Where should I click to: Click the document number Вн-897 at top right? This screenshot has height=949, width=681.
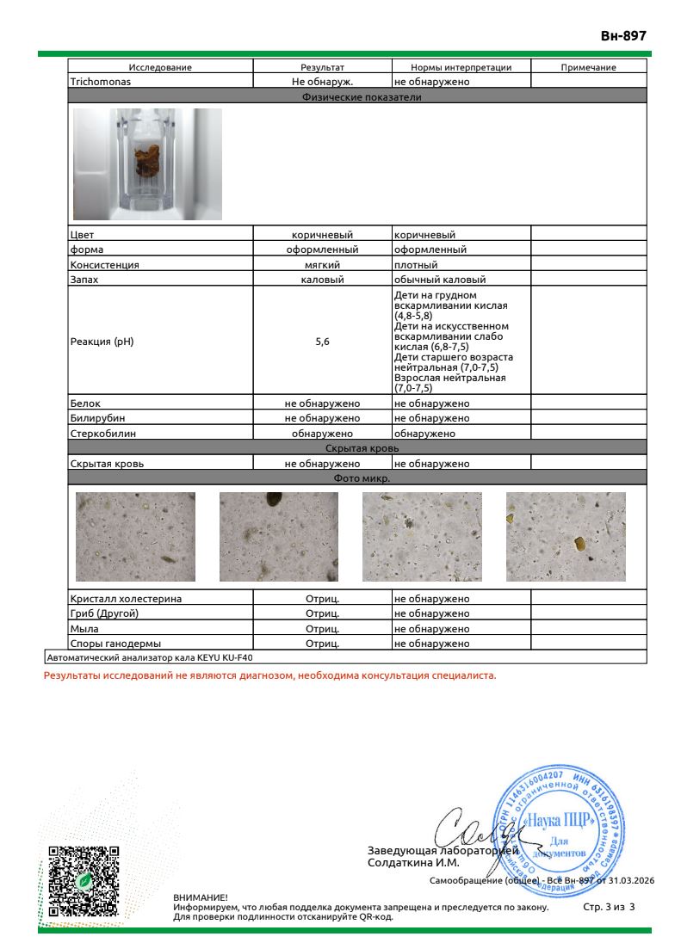(622, 35)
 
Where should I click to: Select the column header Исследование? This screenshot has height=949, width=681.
(160, 67)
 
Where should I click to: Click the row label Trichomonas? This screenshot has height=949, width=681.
(98, 81)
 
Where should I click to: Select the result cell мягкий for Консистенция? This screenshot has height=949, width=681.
(322, 265)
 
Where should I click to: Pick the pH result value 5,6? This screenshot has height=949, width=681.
(322, 342)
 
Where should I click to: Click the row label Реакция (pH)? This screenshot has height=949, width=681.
(101, 342)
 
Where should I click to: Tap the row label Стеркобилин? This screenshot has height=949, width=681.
(102, 434)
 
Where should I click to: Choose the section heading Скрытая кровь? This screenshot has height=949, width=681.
(356, 448)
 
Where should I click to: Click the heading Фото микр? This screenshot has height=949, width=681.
(356, 478)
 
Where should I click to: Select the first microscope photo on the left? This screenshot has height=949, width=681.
(135, 538)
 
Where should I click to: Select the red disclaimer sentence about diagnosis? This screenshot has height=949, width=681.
(269, 676)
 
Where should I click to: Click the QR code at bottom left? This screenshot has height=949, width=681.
(83, 880)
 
